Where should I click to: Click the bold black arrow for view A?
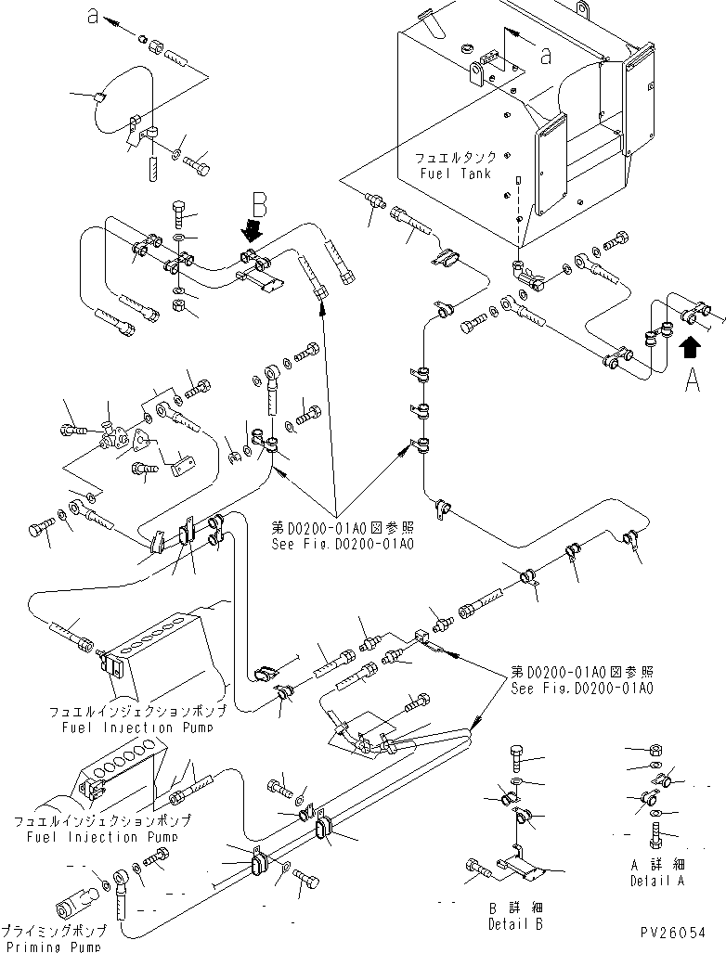689,347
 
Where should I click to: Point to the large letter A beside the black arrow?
692,380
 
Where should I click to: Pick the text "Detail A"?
656,880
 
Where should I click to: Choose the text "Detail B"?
514,923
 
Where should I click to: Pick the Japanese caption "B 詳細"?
514,908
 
